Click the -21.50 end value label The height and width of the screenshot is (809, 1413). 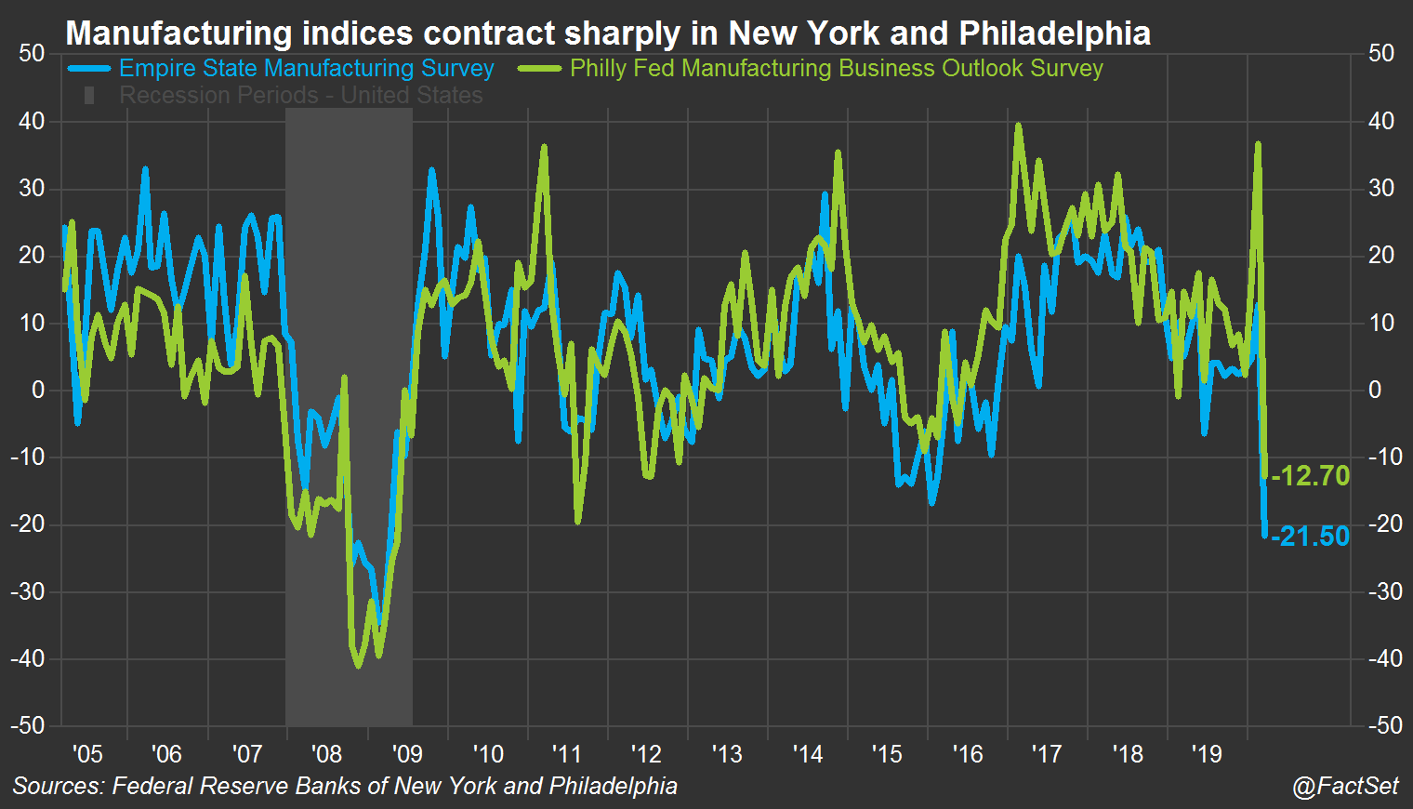(1311, 537)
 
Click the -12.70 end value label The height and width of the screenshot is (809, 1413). (1311, 476)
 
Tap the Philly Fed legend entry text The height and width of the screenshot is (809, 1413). (836, 69)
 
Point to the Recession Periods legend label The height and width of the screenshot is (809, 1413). (300, 96)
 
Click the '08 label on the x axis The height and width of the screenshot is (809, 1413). (326, 753)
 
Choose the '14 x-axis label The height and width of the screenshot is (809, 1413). (807, 753)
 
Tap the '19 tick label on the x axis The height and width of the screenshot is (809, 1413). (1207, 753)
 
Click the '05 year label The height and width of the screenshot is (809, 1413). (86, 753)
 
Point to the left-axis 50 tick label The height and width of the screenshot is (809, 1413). (32, 54)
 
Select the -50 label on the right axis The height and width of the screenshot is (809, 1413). (1385, 726)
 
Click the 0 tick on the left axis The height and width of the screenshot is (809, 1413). (38, 391)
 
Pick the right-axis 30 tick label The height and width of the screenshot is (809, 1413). (1381, 189)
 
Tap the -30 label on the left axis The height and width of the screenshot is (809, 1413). (28, 591)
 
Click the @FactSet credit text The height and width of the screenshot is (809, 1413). (1344, 786)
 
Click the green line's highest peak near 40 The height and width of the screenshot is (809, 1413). (1019, 125)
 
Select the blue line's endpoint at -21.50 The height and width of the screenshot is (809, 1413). (1264, 535)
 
